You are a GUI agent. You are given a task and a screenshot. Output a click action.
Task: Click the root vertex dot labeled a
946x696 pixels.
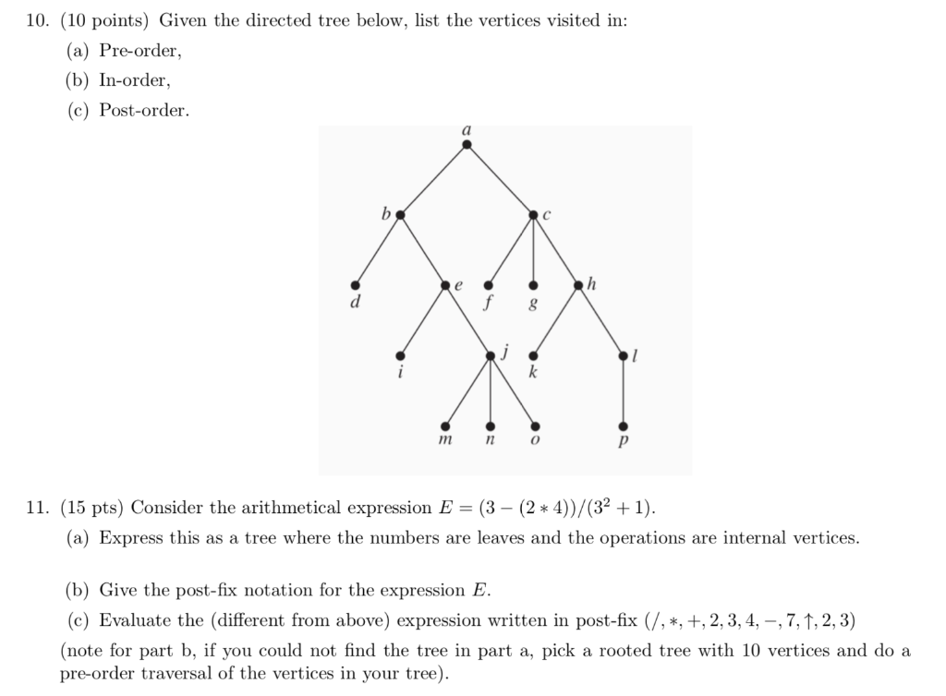click(x=467, y=144)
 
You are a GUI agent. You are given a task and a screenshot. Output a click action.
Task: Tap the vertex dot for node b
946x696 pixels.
click(x=399, y=215)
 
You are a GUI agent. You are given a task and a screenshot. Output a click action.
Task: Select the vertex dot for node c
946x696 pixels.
click(x=533, y=215)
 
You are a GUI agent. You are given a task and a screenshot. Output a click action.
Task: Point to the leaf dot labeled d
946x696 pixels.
click(x=354, y=285)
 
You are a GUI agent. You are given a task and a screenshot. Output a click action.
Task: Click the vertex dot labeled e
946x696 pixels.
click(x=444, y=285)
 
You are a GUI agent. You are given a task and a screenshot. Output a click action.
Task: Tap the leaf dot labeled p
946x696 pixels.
click(x=624, y=426)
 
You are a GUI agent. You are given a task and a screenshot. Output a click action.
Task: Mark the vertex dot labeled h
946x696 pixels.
click(x=578, y=285)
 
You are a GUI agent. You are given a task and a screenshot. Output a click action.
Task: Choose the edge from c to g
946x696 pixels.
click(x=533, y=250)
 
